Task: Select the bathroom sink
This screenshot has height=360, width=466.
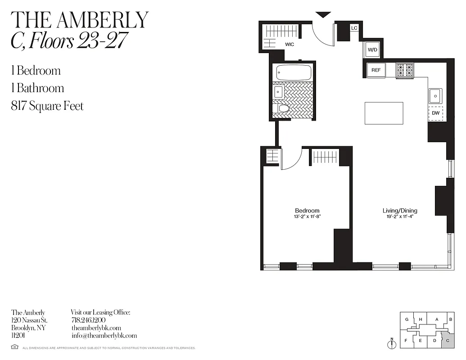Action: [278, 92]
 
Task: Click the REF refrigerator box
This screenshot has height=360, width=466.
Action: [376, 70]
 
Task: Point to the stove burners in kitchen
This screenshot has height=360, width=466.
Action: [405, 70]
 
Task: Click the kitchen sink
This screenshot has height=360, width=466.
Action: [435, 95]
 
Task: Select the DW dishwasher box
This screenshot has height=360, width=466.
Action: [435, 113]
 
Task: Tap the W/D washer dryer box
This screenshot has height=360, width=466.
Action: [372, 50]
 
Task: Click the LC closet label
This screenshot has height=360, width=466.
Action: [354, 28]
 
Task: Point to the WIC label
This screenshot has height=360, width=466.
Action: [289, 45]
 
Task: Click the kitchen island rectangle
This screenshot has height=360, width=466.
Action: [384, 113]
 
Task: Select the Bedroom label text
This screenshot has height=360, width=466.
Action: [307, 211]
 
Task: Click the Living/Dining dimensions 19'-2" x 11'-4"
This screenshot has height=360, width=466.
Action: [400, 216]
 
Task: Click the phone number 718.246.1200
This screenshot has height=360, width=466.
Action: [88, 320]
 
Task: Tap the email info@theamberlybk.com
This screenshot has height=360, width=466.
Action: [104, 336]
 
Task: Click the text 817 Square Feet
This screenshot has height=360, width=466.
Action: [47, 106]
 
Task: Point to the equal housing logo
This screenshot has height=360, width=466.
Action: [14, 347]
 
